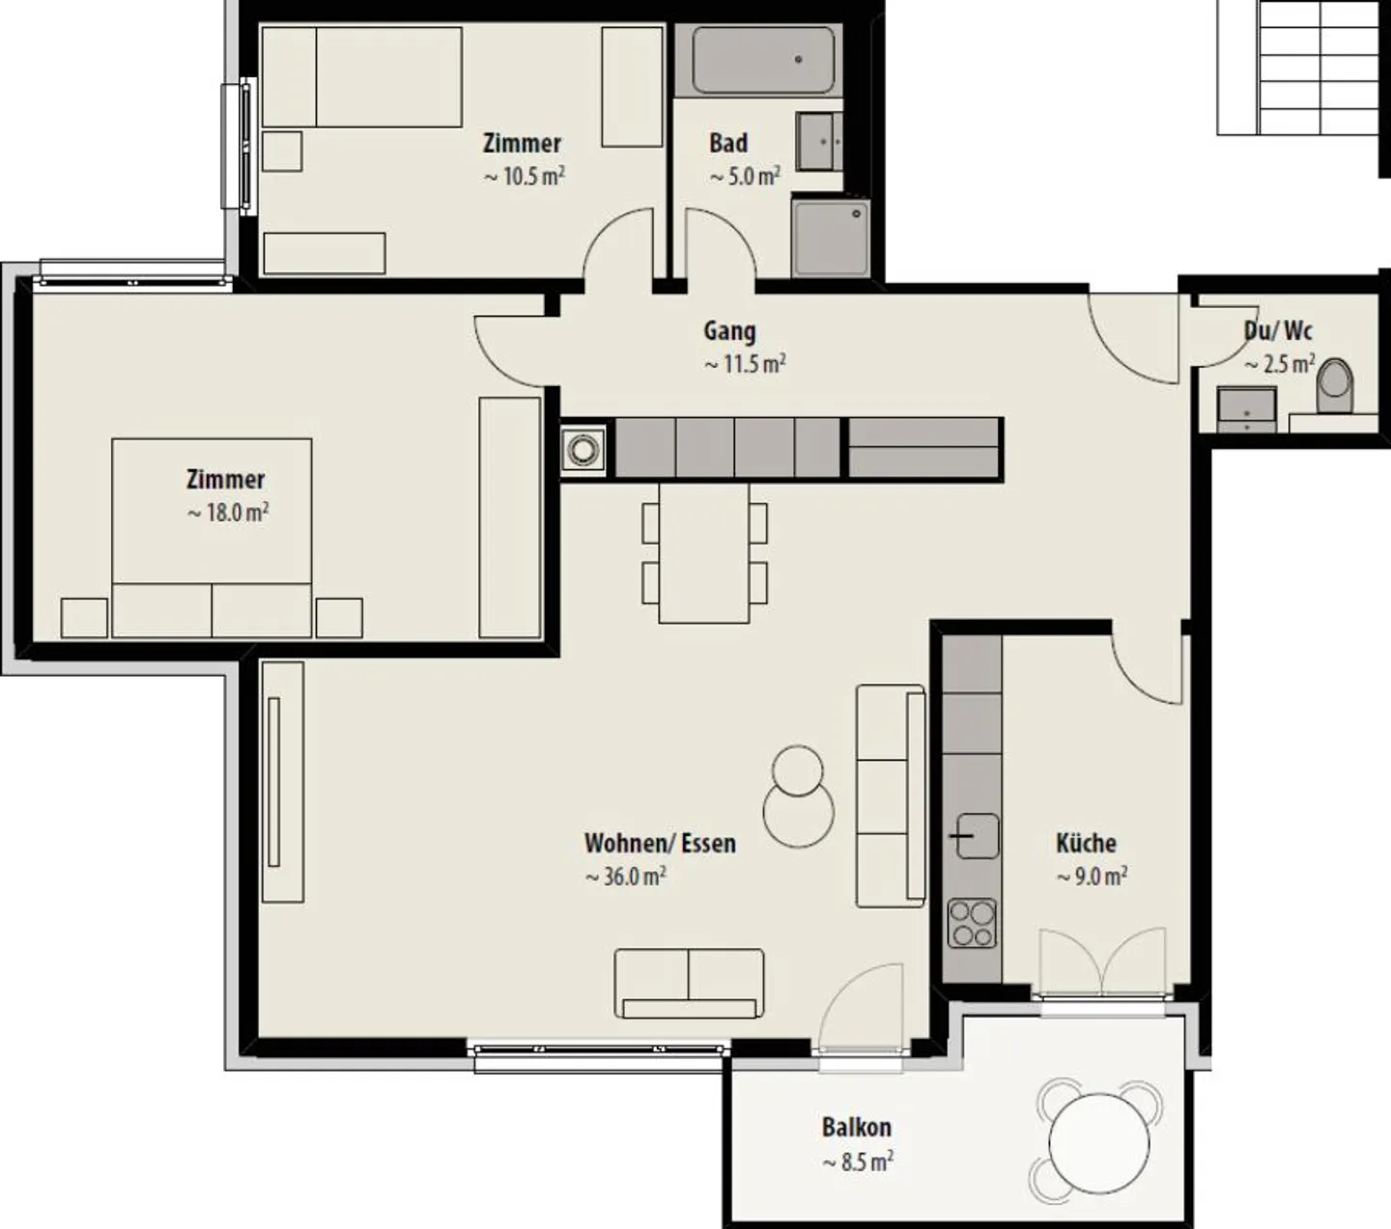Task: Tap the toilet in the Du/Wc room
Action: [1334, 386]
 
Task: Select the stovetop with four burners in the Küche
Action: [972, 923]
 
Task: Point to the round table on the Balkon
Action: [1098, 1143]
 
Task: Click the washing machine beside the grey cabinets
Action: [582, 450]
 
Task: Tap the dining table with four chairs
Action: [704, 553]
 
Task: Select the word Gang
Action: [729, 331]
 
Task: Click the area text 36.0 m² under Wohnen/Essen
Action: [625, 877]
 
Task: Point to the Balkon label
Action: [856, 1127]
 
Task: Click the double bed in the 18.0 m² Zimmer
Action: [212, 538]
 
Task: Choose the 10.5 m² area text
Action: [524, 177]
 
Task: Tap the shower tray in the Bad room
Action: [831, 237]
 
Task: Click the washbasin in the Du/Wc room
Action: [1247, 409]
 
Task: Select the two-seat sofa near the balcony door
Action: [689, 984]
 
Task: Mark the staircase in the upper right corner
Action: [1297, 68]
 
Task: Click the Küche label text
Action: [1086, 843]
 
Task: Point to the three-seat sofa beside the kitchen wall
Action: [891, 796]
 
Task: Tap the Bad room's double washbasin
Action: [819, 141]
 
